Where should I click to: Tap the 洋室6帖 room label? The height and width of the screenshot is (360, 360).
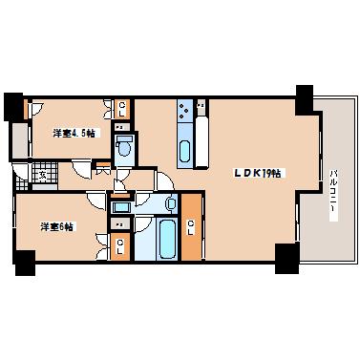coord(57,226)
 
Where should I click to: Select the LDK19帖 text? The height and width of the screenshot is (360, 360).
coord(258,173)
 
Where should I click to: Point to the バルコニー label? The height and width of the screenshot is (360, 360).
coord(333,191)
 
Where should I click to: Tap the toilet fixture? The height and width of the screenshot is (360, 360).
coord(124,147)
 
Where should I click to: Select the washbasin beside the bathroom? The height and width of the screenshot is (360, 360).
coord(170,202)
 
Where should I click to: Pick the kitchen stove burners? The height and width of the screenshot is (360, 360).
coord(181,113)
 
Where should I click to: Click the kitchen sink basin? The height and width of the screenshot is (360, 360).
coord(184,149)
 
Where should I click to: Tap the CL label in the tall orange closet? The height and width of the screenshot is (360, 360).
coord(191,226)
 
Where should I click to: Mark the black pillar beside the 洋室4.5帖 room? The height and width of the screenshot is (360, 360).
coord(12,104)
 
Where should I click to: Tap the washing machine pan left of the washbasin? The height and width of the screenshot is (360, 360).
coord(121,206)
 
